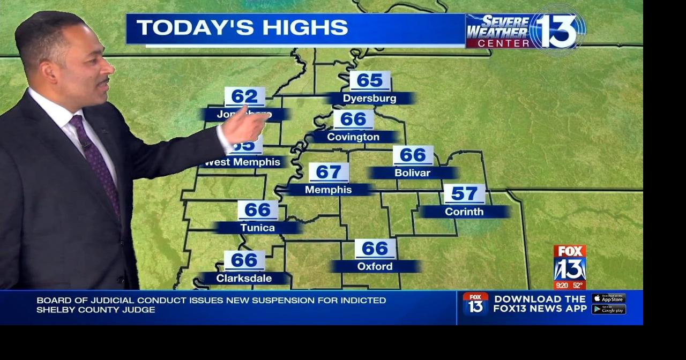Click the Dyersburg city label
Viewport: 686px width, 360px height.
(x=369, y=99)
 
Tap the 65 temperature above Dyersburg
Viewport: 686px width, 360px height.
(x=370, y=81)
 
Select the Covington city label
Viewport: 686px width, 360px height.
(x=353, y=137)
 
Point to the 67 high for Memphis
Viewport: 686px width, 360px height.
(x=329, y=172)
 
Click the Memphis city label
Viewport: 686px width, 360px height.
(x=329, y=190)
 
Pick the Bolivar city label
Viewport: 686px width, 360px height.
(x=412, y=173)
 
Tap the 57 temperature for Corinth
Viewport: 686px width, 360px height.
(x=464, y=193)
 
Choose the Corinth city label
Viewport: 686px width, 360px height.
(x=464, y=212)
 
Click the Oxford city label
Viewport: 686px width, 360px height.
(x=375, y=266)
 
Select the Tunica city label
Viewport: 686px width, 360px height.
(x=257, y=228)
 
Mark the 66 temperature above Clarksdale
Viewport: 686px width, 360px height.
(x=244, y=260)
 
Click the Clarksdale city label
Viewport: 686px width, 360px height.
(x=244, y=279)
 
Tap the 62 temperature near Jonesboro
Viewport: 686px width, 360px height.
(x=244, y=96)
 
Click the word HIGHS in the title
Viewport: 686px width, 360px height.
(x=301, y=28)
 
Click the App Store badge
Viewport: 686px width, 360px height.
(x=608, y=298)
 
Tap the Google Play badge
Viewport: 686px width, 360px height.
(x=608, y=309)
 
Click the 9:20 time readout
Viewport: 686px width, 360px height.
(x=562, y=286)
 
